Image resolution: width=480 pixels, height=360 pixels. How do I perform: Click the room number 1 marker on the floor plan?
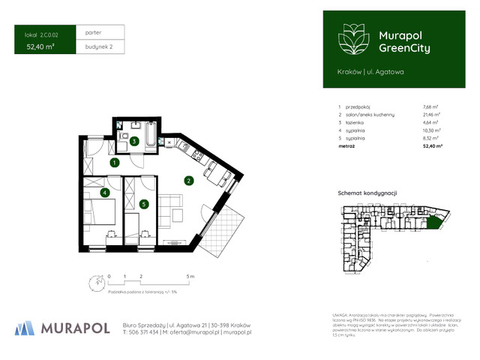114,162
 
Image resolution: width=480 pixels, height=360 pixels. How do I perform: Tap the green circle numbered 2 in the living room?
189,180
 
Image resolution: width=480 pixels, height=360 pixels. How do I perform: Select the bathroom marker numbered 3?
133,141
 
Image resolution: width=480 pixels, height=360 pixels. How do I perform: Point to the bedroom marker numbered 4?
105,193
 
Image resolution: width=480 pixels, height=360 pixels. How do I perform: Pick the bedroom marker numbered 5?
143,203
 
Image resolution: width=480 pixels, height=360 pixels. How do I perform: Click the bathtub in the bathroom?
151,136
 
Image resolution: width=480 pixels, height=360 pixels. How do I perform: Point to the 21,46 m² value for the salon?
432,115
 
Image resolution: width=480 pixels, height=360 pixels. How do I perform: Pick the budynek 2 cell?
94,46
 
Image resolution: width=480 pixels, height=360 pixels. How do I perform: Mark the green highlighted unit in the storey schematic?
433,220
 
